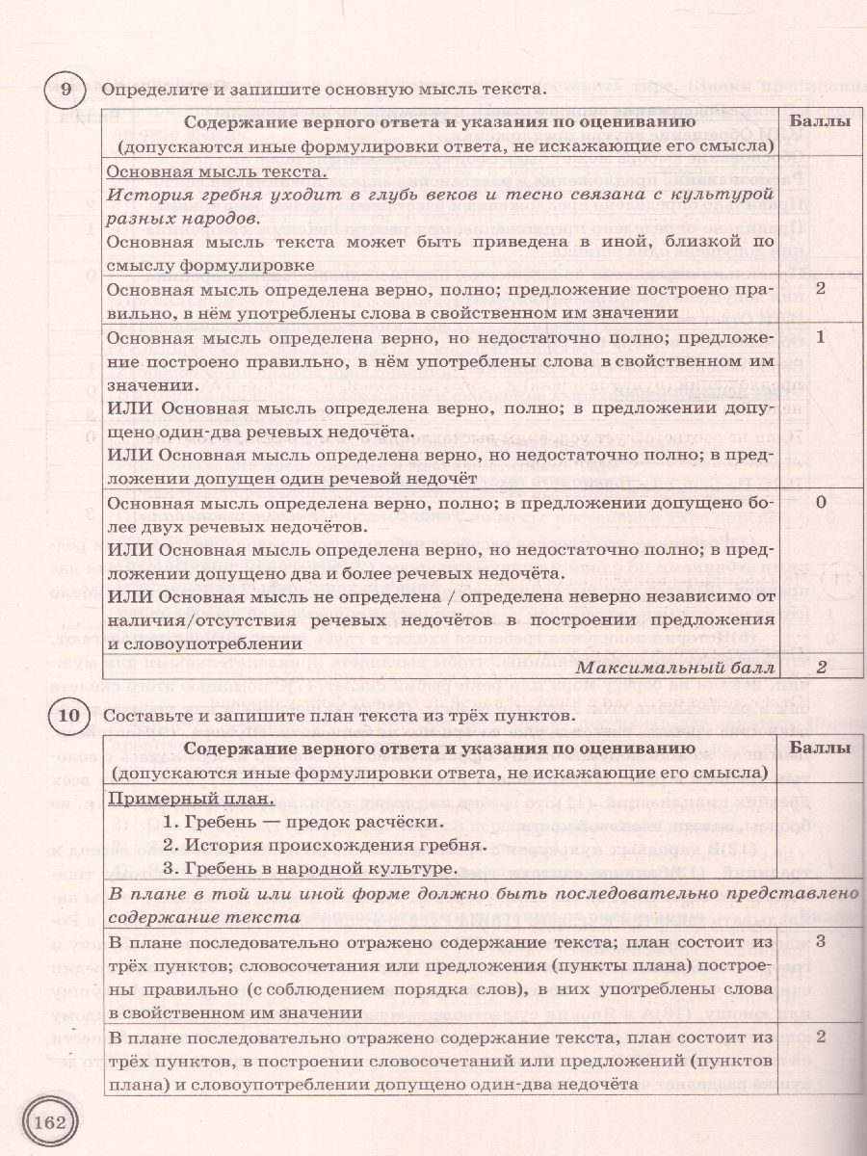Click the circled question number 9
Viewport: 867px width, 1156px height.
point(65,90)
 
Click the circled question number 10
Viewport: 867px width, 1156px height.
point(66,715)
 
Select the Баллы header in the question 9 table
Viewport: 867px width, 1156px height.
point(820,122)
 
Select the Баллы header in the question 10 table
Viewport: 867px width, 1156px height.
point(820,748)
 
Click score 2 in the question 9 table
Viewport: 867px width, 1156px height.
point(820,289)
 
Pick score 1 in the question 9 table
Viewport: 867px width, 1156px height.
point(820,338)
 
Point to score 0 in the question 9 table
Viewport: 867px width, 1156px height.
point(820,503)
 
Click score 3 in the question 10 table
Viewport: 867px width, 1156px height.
point(820,939)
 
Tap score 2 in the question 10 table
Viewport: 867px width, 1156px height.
point(820,1037)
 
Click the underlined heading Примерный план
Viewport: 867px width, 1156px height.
point(190,799)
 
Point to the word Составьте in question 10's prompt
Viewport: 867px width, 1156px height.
point(144,715)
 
